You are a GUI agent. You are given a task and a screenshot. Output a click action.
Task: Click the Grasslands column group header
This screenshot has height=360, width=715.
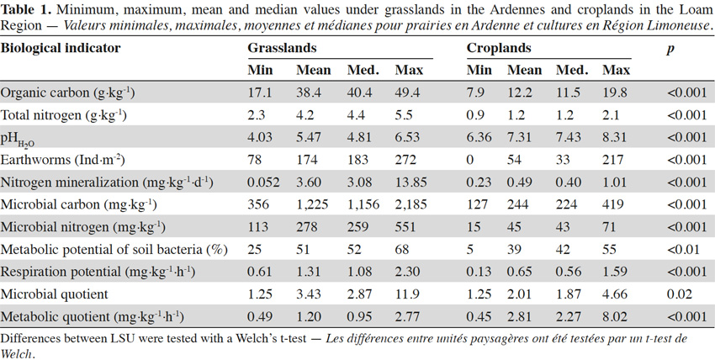[283, 48]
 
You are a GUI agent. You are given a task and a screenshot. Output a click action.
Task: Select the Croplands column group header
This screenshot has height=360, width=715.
[499, 48]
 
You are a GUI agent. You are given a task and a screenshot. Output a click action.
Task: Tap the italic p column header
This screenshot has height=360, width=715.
[670, 49]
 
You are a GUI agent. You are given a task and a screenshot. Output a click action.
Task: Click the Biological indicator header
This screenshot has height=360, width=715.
[61, 48]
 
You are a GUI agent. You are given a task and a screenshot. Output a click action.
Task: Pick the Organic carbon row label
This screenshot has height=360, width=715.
[67, 93]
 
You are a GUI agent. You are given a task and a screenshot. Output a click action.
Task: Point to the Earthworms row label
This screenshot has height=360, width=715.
[62, 160]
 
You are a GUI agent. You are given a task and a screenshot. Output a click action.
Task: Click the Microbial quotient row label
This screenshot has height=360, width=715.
[55, 294]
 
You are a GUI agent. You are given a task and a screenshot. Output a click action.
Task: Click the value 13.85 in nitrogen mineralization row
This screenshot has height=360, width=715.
[410, 183]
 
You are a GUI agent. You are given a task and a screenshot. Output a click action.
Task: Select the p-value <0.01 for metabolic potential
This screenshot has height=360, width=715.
[683, 249]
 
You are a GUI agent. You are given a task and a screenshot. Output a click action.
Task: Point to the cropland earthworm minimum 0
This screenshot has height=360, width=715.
[470, 160]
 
